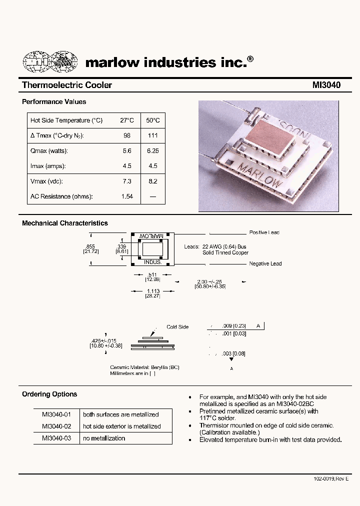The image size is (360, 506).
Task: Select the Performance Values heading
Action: (54, 101)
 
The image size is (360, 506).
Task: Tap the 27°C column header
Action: (127, 120)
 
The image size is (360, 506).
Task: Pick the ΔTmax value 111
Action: (153, 135)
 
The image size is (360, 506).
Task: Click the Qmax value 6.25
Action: (153, 151)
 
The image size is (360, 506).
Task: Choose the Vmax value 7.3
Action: (127, 181)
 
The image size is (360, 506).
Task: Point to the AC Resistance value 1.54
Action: (127, 196)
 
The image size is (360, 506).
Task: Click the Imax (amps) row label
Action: (48, 166)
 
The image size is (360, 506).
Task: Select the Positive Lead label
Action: (264, 232)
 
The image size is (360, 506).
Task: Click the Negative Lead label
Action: (265, 263)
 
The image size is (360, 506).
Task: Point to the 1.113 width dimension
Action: (152, 290)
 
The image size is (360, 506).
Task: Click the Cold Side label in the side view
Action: (177, 327)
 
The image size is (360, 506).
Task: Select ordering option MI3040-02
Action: (56, 426)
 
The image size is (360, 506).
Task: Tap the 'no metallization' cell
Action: (104, 438)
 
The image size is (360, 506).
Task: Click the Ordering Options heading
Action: (49, 394)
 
